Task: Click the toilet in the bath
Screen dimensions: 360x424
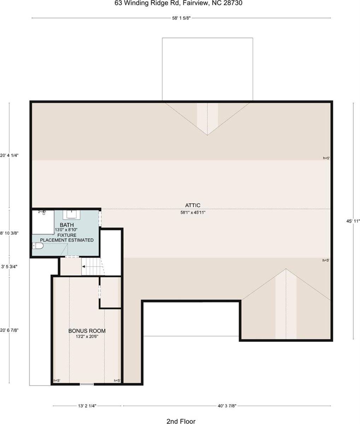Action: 38,246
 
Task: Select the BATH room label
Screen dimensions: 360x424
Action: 67,225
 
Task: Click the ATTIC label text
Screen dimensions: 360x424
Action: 193,205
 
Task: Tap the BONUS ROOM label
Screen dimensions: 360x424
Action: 87,331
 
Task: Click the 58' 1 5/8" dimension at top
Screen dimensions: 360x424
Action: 182,18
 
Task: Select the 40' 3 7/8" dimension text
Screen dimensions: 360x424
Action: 227,406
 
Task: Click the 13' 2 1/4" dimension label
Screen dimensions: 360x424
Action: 87,406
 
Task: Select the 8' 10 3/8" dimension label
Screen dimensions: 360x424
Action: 9,233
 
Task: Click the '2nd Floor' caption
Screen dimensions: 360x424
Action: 181,421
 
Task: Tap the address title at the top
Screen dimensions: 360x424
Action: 178,3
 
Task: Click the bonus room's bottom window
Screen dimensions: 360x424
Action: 87,384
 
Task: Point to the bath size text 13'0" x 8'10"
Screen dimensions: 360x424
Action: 66,230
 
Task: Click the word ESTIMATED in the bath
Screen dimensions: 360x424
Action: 81,240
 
